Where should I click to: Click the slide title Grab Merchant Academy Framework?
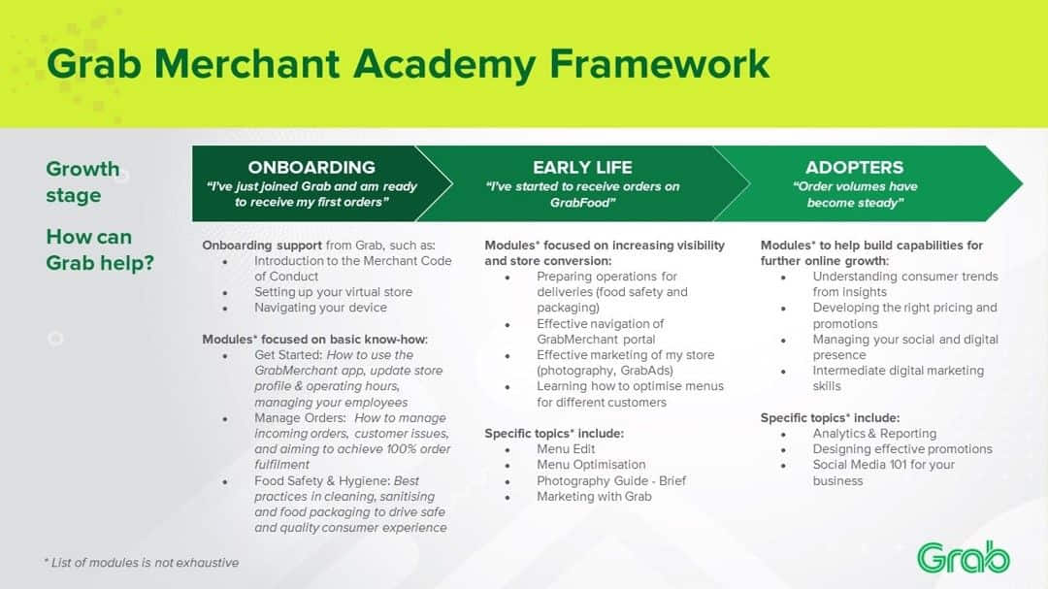408,65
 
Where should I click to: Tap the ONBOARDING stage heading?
311,167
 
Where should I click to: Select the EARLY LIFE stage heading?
582,167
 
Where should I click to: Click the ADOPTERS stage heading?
854,167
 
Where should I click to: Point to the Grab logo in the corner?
963,558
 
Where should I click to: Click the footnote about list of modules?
142,563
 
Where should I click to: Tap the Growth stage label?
82,182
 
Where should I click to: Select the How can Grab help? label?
99,249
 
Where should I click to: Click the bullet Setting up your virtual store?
333,292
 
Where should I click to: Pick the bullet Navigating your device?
320,308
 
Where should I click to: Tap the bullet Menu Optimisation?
591,465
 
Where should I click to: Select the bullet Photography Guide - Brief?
611,480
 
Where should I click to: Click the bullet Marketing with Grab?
594,497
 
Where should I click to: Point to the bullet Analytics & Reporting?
874,434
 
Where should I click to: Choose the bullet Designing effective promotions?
902,449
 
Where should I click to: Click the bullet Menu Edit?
566,449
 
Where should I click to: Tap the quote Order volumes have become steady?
854,194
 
